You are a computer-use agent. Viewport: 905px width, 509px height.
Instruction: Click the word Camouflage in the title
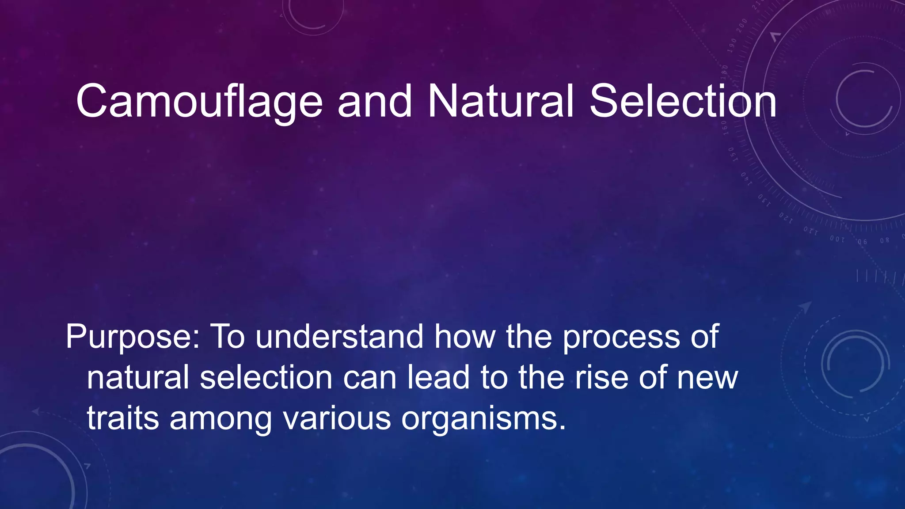point(199,103)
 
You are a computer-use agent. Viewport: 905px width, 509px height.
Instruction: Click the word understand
point(339,337)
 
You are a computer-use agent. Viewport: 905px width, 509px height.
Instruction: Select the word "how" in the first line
point(465,337)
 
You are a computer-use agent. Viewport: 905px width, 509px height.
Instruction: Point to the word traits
point(123,418)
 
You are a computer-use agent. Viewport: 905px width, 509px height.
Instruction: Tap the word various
point(337,418)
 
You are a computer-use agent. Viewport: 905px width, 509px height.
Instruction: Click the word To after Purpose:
point(227,337)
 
